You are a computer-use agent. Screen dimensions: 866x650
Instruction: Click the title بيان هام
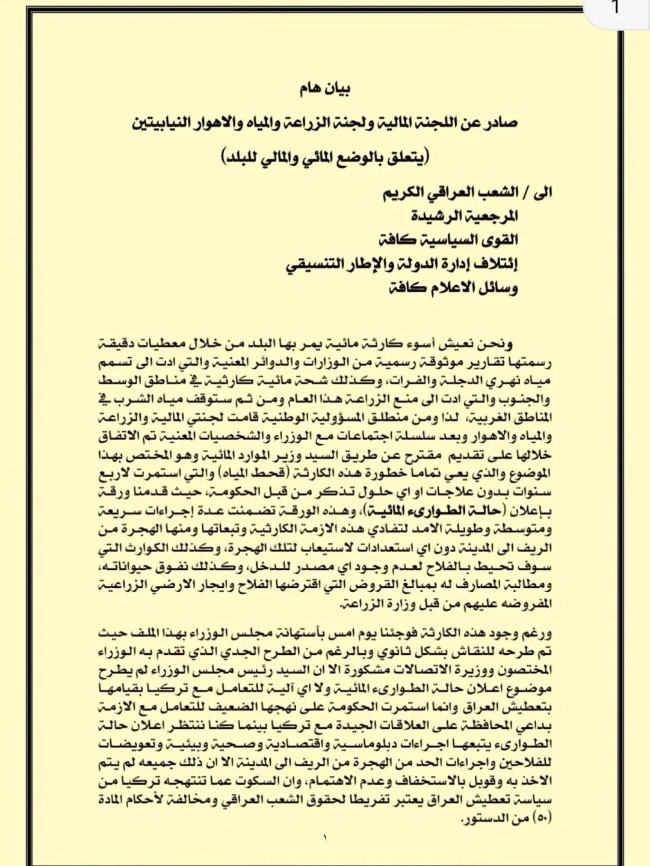pos(325,89)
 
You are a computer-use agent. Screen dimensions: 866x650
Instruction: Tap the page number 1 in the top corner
pos(615,8)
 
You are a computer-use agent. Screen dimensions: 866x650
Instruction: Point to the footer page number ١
pos(325,837)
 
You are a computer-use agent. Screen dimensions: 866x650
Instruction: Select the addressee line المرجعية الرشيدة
pos(464,215)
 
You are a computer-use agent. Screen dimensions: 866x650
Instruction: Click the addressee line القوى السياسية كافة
pos(448,239)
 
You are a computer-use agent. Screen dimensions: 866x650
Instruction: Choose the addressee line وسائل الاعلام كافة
pos(453,287)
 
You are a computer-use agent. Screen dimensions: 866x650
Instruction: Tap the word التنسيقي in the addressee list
pos(315,264)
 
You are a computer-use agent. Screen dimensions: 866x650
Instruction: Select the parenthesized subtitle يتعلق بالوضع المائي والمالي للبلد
pos(325,157)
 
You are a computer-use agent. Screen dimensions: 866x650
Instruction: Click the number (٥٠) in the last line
pos(543,818)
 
